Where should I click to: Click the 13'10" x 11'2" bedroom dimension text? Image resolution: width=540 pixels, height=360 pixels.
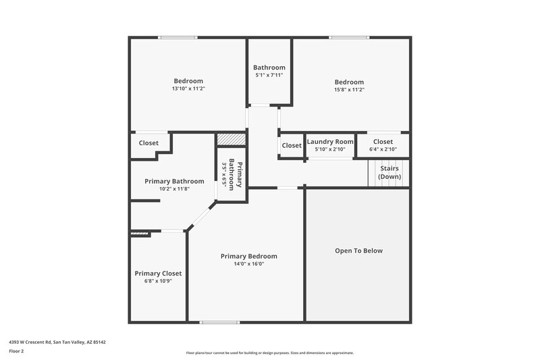click(x=188, y=88)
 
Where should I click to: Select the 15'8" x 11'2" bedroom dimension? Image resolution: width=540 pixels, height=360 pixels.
click(x=349, y=89)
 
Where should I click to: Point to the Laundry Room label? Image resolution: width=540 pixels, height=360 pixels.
click(x=330, y=142)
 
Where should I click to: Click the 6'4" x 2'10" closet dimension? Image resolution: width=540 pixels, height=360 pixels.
click(x=383, y=149)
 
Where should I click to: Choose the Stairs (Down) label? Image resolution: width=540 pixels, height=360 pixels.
click(x=389, y=172)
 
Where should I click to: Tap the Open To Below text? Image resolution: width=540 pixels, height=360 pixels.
click(x=358, y=251)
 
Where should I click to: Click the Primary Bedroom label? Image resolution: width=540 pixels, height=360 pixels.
click(x=249, y=256)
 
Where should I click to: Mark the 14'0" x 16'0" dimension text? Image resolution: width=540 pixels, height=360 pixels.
click(x=249, y=264)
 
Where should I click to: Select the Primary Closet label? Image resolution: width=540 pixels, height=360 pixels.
click(x=158, y=274)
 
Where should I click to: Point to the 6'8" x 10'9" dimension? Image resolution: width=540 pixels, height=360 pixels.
click(x=158, y=281)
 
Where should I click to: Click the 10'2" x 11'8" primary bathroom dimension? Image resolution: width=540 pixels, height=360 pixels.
click(x=174, y=189)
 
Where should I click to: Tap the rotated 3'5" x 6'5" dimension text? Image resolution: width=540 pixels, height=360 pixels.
click(x=224, y=175)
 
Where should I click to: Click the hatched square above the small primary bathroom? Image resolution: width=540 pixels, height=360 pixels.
click(x=231, y=138)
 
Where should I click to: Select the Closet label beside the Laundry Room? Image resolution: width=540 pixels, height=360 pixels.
click(x=292, y=145)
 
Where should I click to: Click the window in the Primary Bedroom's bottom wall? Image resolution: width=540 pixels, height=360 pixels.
click(x=219, y=322)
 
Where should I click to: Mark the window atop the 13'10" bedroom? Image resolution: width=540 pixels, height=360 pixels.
click(x=178, y=37)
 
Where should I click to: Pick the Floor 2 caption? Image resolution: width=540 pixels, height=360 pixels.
click(x=17, y=351)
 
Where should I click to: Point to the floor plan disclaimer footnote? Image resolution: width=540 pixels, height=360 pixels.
click(x=269, y=353)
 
